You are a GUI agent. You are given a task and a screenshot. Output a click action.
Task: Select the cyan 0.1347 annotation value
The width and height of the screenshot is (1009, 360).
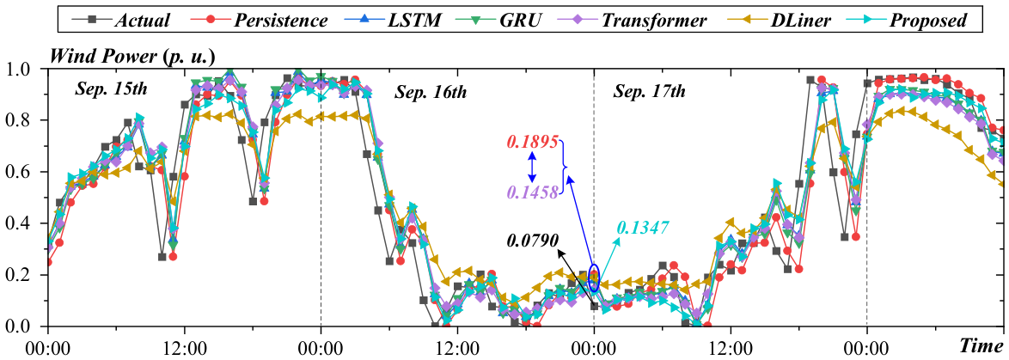tap(644, 226)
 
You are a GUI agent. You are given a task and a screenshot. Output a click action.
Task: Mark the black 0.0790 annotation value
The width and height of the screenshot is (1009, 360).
tap(533, 241)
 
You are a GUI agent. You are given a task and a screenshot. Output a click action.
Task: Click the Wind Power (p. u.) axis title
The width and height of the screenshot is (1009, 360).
tap(133, 57)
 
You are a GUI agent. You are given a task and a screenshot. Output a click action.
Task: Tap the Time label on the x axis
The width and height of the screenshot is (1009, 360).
tap(982, 346)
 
